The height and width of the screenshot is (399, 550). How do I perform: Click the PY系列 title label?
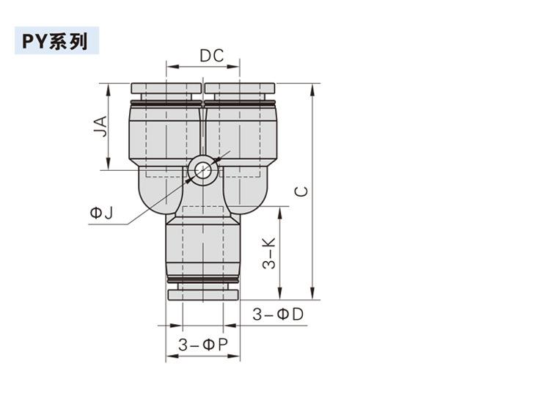point(55,41)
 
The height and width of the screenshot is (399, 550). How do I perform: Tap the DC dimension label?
point(211,56)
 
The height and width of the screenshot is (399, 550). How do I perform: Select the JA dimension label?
point(100,126)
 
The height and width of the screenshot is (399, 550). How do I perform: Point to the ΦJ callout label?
point(102,213)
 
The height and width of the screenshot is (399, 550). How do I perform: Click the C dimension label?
point(301,191)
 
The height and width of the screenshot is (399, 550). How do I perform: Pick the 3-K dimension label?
point(269,253)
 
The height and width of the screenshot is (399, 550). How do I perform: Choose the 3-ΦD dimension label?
point(278,315)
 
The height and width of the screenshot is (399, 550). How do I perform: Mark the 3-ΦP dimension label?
point(203,345)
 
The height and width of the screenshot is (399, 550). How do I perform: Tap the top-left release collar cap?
point(166,88)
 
